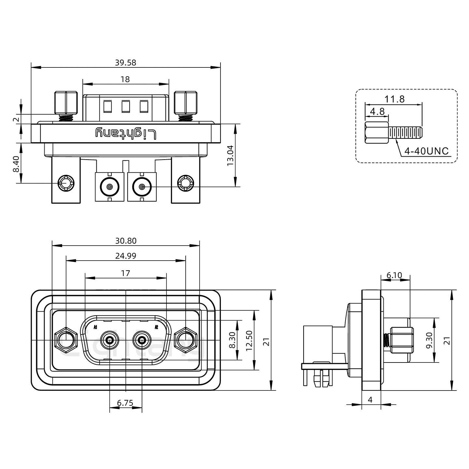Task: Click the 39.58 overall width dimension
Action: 125,63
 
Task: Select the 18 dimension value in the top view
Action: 125,79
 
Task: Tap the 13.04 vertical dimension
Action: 231,155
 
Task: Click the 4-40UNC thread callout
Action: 426,151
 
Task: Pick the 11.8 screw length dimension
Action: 395,99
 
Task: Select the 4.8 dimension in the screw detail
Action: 377,112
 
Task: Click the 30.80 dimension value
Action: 126,241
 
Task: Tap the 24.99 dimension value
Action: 126,256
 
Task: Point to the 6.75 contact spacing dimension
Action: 125,403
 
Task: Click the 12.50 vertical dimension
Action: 249,340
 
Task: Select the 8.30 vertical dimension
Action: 233,340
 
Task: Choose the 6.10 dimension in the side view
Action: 394,276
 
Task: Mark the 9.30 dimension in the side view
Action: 429,340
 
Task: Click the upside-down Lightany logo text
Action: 126,134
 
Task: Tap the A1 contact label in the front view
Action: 95,327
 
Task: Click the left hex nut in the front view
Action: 66,341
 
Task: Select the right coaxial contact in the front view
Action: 142,341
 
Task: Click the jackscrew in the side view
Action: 401,340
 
